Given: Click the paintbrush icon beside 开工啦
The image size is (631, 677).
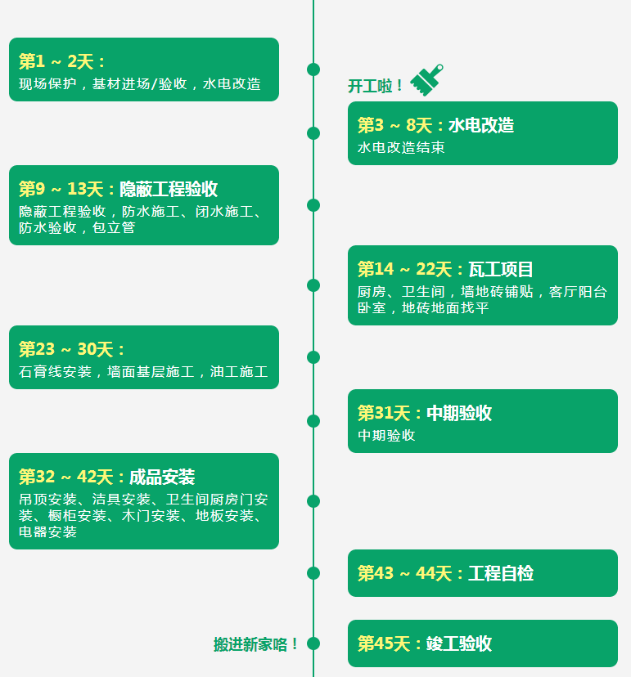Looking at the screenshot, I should (426, 79).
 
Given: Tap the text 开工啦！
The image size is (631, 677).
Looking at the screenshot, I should (376, 86).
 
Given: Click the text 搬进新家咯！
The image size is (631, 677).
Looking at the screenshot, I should (257, 644).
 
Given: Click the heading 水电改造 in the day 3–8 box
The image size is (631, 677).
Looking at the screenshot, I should (481, 125).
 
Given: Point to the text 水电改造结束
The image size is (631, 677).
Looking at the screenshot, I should (401, 148).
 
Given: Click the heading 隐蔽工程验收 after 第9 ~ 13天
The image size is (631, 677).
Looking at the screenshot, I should (169, 189).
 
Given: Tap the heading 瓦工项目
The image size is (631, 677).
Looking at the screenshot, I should (501, 269).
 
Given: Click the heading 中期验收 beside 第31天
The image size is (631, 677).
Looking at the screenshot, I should (459, 413).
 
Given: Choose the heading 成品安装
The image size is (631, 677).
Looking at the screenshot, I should (162, 477).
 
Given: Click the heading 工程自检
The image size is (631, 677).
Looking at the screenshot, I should (501, 573).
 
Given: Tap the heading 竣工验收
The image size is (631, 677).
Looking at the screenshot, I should (459, 643).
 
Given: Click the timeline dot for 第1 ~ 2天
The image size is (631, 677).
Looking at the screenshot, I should (313, 69).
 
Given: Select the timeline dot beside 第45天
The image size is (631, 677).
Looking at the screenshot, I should (313, 643).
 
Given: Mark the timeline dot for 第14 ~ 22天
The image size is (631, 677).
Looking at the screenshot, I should (313, 285).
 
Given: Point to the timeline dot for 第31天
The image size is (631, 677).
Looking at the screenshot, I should (313, 421).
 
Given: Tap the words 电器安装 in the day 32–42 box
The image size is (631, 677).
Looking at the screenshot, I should (47, 532).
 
